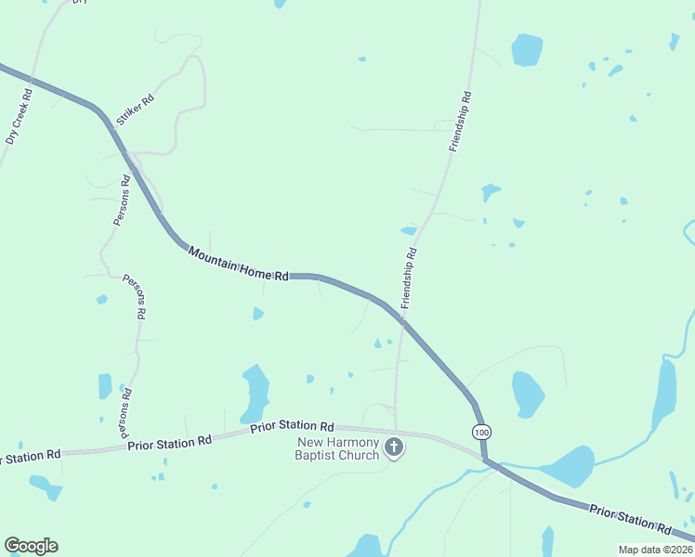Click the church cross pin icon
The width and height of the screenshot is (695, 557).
[x=394, y=448]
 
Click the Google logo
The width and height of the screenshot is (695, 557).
[x=31, y=545]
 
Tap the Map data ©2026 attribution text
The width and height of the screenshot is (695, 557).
[x=655, y=550]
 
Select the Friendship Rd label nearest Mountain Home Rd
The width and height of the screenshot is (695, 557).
[x=409, y=278]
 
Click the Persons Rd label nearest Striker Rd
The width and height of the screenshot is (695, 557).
[x=120, y=200]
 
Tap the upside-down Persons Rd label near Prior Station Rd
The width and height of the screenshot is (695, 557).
[x=123, y=409]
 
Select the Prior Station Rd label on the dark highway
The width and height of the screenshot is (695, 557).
[x=629, y=517]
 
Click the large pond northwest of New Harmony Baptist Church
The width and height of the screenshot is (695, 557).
[x=255, y=391]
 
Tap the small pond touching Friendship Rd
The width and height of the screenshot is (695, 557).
[x=409, y=230]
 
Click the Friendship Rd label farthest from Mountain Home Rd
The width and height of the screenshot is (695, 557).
[x=460, y=121]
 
